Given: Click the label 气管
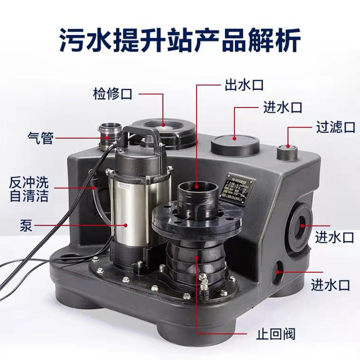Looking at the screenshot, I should pos(40,139).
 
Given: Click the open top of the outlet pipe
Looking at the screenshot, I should pos(197,184).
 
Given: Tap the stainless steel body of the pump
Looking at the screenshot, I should pos(126,206).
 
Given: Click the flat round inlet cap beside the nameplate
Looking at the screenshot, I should pos(235,143).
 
